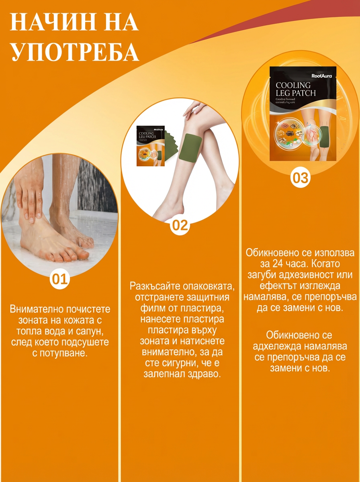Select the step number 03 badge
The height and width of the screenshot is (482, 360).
pos(300,178)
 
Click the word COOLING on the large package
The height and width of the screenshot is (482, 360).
pos(293,85)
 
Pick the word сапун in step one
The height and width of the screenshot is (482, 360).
pos(92,332)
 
